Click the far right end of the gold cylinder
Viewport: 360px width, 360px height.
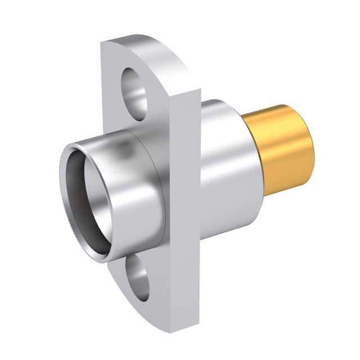(x=310, y=149)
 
